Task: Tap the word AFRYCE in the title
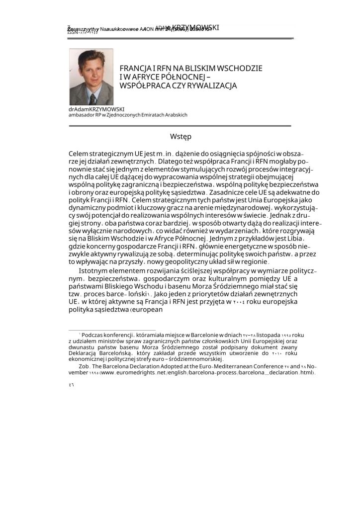point(149,77)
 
